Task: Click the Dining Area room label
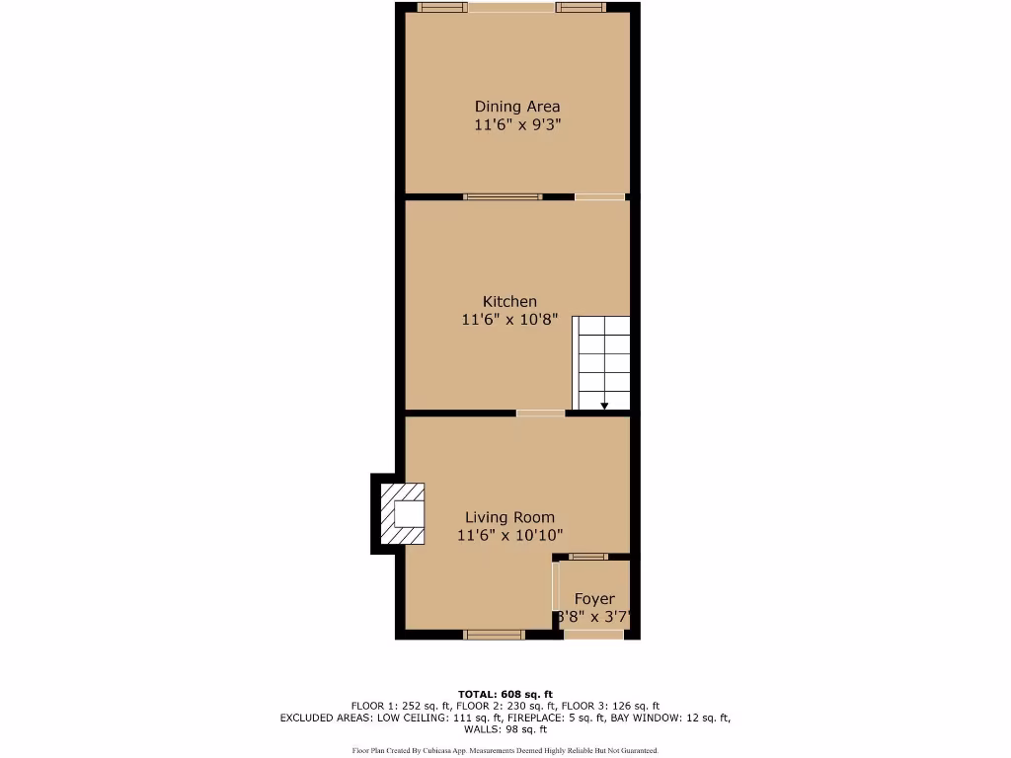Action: point(517,107)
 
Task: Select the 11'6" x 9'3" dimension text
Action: point(517,125)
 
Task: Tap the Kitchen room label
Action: point(509,301)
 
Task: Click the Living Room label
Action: point(510,517)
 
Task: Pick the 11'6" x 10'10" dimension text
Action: point(510,536)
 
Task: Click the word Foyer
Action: point(594,599)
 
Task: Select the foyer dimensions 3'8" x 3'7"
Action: point(594,618)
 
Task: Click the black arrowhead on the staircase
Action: point(604,405)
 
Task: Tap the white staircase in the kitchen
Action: point(602,360)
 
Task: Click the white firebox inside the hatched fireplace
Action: point(409,514)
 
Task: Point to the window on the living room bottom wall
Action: point(495,634)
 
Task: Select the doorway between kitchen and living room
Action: point(541,413)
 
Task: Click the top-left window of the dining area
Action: point(441,8)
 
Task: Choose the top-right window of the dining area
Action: point(580,8)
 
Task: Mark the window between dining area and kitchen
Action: point(503,196)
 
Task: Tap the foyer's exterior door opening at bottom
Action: point(593,634)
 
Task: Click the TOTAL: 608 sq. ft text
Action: point(505,694)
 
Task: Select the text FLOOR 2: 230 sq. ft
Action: point(505,706)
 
